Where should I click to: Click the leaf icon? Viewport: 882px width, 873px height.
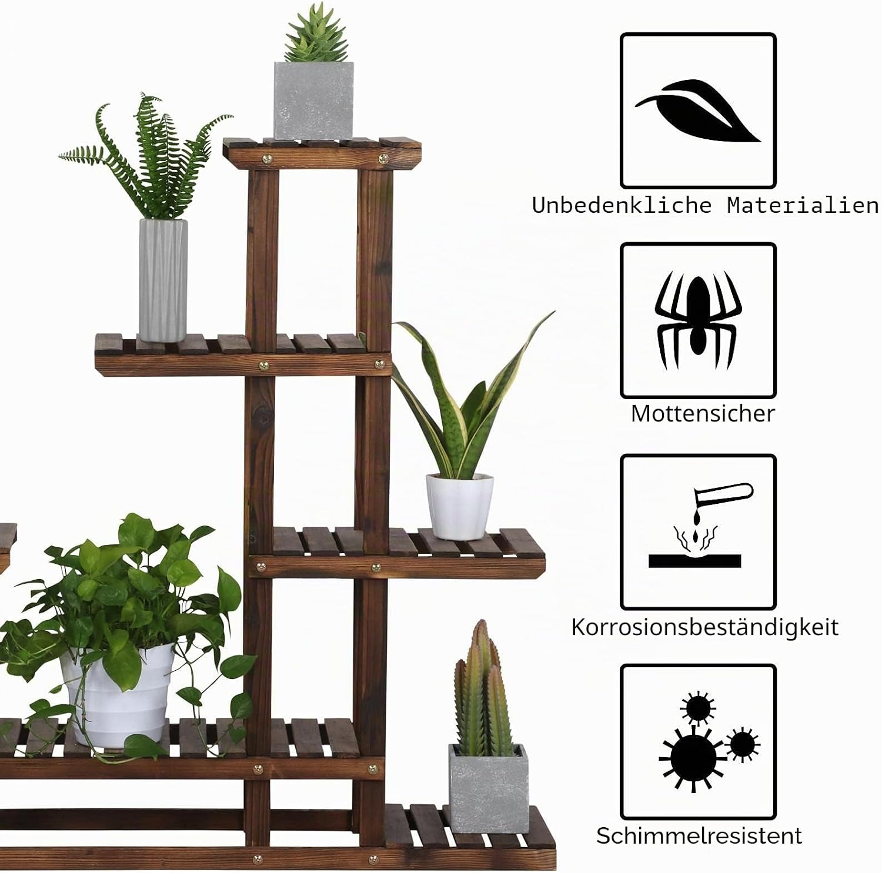coord(699,111)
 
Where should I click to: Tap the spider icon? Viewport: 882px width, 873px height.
coord(698,320)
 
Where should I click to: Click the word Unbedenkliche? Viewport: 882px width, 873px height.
coord(623,205)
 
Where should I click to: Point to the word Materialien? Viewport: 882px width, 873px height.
coord(803,205)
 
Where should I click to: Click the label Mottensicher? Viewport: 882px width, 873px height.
coord(703,413)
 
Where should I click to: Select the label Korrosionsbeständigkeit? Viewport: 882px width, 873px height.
coord(704,627)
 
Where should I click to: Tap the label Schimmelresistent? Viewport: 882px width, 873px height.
coord(699,835)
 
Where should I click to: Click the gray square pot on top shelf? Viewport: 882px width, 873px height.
coord(314,101)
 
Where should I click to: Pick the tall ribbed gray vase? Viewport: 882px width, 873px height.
coord(163,280)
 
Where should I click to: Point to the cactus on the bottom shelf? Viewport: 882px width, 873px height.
coord(482,688)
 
